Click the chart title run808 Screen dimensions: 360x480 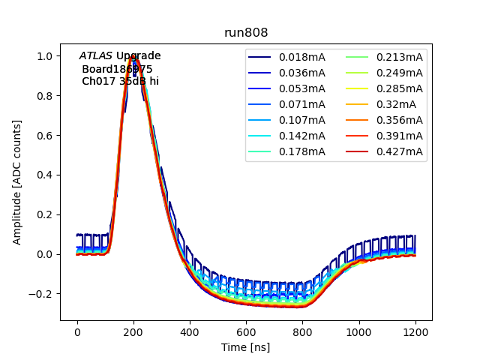point(246,33)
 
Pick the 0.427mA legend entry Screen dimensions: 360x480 point(400,152)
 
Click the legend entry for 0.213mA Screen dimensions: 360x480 point(400,57)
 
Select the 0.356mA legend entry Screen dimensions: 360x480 point(400,121)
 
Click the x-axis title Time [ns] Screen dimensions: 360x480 point(246,347)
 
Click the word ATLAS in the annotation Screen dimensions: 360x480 point(95,56)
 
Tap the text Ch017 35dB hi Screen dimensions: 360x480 point(120,81)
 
